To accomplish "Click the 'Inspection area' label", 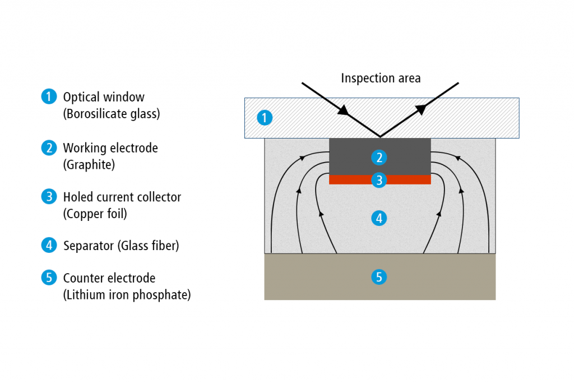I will coord(381,78).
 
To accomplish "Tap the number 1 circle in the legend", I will coord(49,97).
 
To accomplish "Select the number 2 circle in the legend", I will coord(49,148).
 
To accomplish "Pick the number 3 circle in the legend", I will coord(49,197).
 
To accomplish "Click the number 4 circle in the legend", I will coord(49,245).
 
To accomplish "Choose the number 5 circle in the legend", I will coord(49,278).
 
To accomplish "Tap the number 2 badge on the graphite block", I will coord(379,158).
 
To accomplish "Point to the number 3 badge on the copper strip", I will coord(379,179).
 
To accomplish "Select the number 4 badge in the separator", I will coord(379,218).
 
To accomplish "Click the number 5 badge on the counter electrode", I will coord(379,276).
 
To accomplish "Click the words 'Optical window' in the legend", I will coord(104,97).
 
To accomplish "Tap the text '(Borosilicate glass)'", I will coord(112,113).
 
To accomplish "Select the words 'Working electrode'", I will coord(110,148).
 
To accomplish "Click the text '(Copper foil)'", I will coord(96,214).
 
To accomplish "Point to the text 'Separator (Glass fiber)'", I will coord(121,246).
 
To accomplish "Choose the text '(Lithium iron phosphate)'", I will coord(127,294).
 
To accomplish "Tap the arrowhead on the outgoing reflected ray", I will coord(419,110).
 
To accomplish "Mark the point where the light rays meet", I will coord(380,137).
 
